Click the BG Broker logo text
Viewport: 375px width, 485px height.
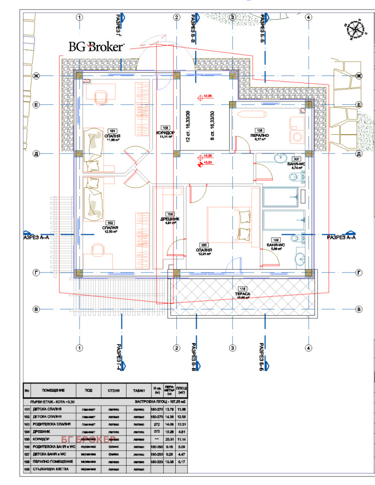96,46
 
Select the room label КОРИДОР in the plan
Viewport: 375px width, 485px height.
165,133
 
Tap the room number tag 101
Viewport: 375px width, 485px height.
112,131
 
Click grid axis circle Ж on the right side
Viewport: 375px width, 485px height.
359,76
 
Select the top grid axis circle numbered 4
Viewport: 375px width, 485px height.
308,17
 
